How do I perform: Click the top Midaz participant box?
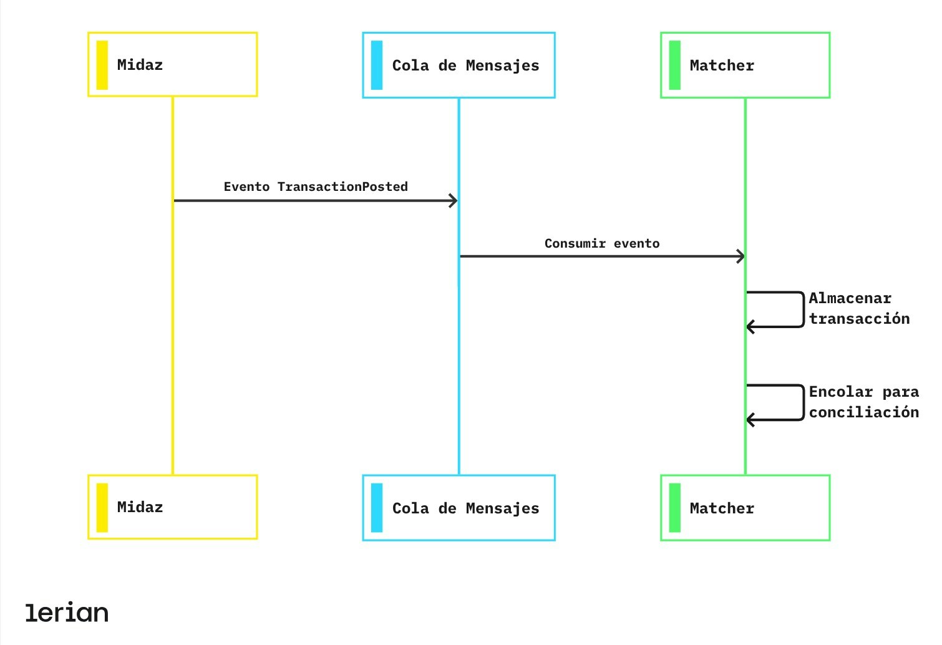pos(172,65)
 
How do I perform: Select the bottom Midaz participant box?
pos(172,507)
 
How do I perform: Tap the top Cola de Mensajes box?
pos(459,65)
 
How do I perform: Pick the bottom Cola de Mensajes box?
pos(459,508)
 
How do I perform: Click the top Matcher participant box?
pos(745,65)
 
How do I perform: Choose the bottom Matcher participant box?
pos(745,508)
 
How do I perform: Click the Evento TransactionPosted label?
pos(316,187)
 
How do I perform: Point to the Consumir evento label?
pos(601,243)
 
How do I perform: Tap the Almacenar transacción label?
pos(858,308)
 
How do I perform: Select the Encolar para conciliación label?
pos(863,402)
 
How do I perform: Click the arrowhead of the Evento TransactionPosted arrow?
pos(454,201)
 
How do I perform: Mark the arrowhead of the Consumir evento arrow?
pos(740,256)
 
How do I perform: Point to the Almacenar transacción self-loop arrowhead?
pos(751,327)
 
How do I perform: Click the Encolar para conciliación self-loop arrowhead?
pos(751,420)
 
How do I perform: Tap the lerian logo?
pos(67,613)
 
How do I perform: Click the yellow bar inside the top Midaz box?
pos(102,65)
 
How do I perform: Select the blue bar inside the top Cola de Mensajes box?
pos(377,65)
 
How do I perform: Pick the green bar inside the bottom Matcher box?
pos(674,508)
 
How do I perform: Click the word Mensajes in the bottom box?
pos(502,508)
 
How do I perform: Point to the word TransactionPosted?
pos(342,187)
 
